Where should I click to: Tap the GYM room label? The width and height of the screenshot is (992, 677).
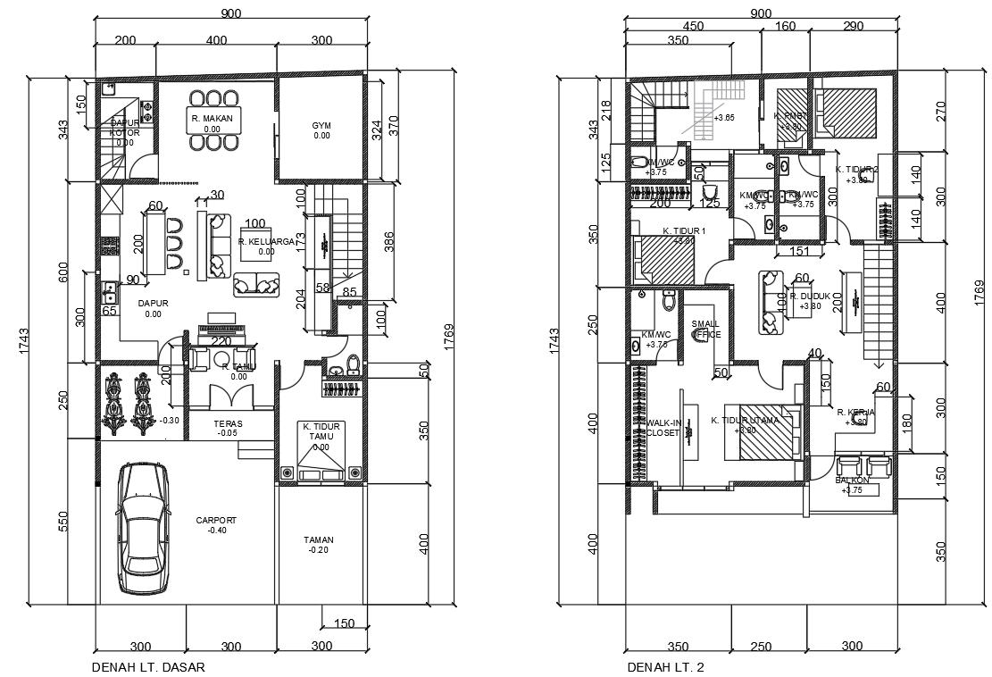(321, 125)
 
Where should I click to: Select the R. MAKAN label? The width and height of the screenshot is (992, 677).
(212, 119)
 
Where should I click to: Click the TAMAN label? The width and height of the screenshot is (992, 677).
(318, 540)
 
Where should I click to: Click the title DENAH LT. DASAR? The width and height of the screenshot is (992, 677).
(142, 666)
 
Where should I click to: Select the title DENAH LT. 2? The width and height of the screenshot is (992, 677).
(665, 666)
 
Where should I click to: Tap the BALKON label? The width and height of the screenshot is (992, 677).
(853, 481)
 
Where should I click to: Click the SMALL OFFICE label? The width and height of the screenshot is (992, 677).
(705, 329)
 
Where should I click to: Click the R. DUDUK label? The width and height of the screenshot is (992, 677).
(810, 296)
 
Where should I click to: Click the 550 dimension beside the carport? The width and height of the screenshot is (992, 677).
(63, 522)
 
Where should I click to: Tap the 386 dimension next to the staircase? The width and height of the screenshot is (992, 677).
(388, 241)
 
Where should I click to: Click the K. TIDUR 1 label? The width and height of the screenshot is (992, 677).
(684, 231)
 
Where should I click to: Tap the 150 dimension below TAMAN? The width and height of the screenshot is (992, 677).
(345, 623)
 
